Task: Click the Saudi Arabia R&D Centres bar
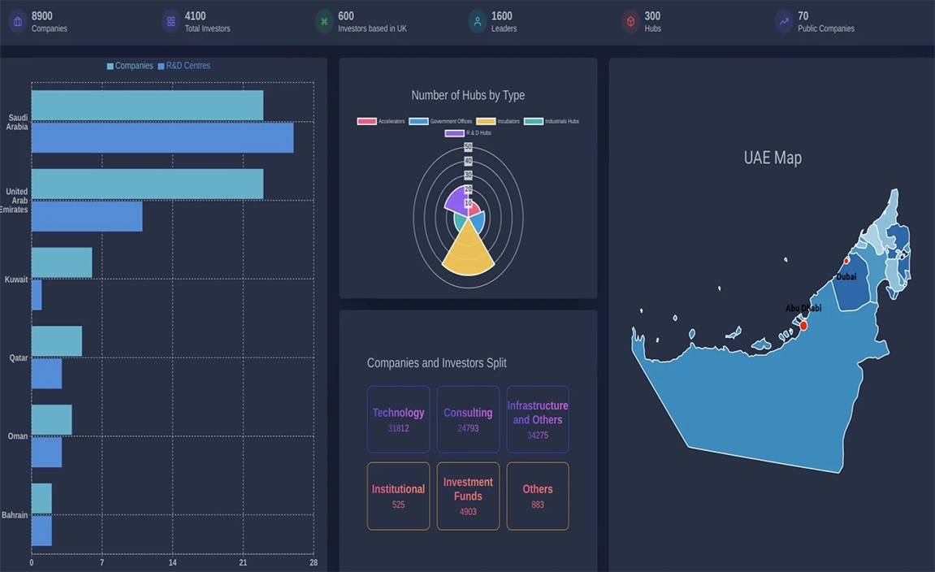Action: (162, 137)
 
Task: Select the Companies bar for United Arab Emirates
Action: (147, 184)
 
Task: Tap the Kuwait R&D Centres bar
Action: (37, 295)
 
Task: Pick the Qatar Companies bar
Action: (57, 341)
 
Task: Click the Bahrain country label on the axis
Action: (15, 515)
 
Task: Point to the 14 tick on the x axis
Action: (172, 562)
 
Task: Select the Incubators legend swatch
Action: (486, 122)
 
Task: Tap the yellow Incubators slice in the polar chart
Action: (468, 250)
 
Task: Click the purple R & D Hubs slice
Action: (457, 201)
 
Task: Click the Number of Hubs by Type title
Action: (468, 95)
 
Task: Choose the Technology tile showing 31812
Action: (398, 419)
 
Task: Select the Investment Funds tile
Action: (468, 496)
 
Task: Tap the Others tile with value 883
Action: (538, 496)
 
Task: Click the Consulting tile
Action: (468, 419)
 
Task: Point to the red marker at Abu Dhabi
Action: (803, 326)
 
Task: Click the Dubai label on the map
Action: (846, 277)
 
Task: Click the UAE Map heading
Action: (773, 158)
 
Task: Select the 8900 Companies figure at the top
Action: (42, 16)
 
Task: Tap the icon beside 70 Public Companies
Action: (784, 22)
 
